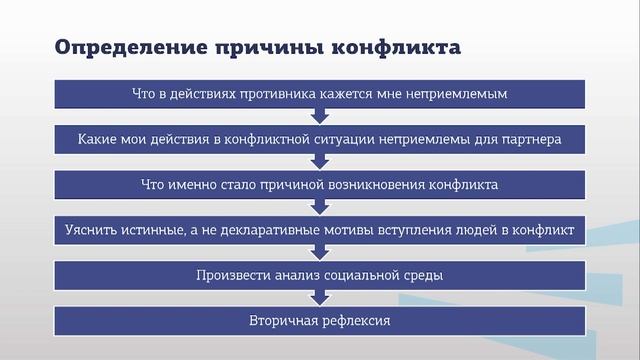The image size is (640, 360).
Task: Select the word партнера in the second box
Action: [x=532, y=139]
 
